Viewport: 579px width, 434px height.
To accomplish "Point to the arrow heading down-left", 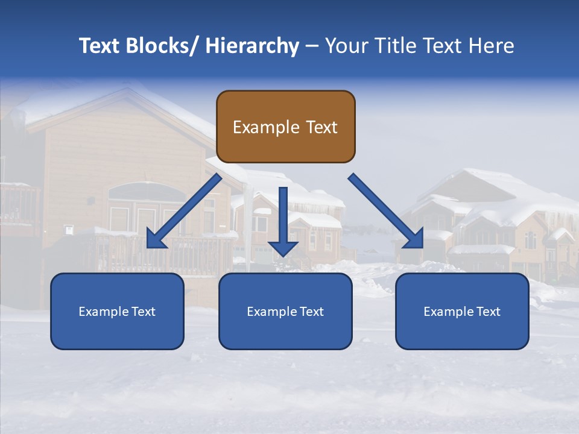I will pos(184,211).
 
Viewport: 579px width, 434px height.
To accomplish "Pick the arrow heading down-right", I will pos(386,211).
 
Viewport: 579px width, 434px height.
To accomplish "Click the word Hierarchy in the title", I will pos(252,46).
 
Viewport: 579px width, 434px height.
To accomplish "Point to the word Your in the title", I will pos(347,46).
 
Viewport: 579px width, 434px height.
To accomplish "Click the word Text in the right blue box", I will pos(487,312).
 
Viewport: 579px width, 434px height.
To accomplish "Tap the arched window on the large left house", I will pos(147,192).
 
